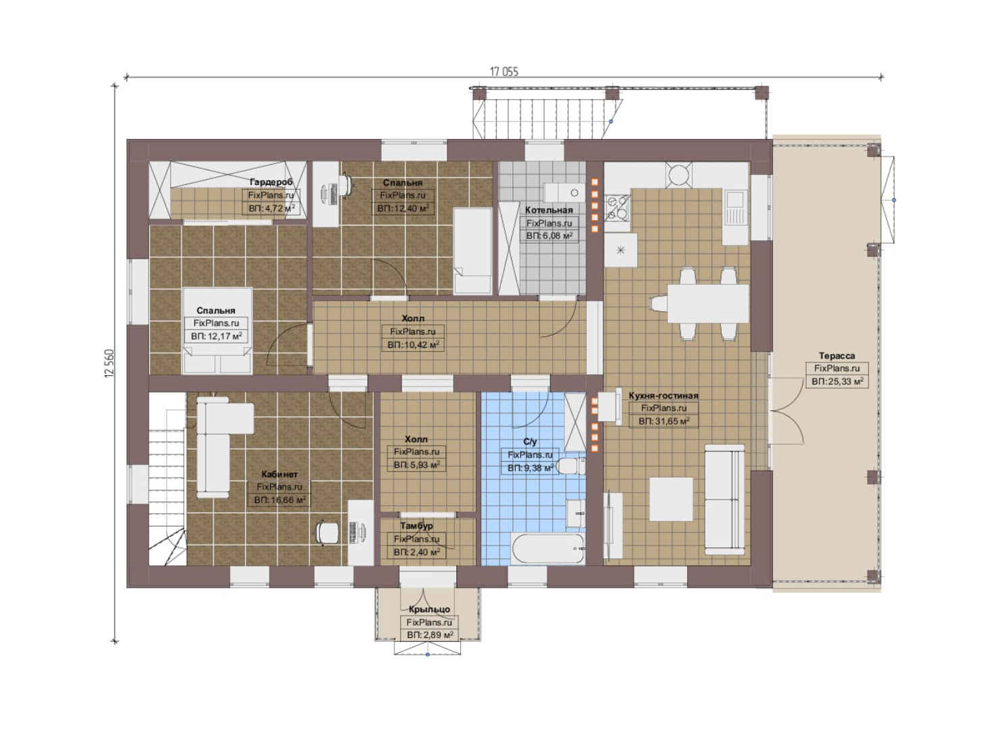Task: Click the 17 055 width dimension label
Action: [504, 72]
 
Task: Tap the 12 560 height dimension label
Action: [109, 363]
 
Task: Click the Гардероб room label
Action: [271, 182]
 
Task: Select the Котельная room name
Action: [549, 210]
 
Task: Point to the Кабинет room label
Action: [279, 474]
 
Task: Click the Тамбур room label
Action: [416, 526]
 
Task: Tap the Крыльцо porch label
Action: [429, 609]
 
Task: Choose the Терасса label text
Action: [837, 356]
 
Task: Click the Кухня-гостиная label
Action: [664, 396]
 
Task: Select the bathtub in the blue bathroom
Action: [547, 549]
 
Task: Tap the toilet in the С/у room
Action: [572, 466]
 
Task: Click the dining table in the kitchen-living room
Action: [707, 304]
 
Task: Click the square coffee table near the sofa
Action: [671, 500]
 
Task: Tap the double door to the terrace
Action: [785, 411]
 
